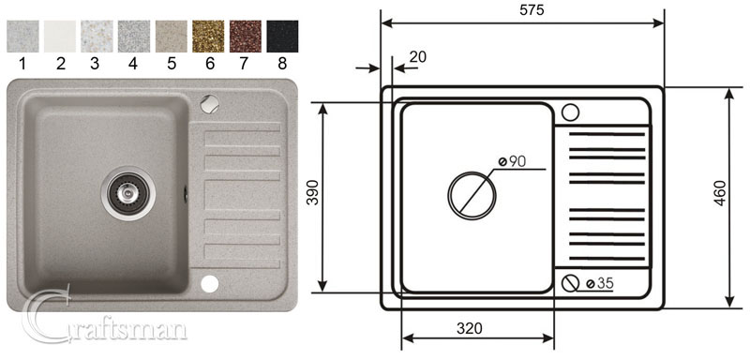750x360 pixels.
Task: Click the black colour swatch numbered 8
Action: pyautogui.click(x=282, y=37)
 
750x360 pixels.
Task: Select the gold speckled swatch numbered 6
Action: pyautogui.click(x=207, y=37)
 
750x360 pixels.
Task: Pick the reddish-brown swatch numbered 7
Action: pyautogui.click(x=245, y=37)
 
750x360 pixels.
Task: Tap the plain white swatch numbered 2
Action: pyautogui.click(x=60, y=37)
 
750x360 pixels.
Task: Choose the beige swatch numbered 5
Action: pyautogui.click(x=171, y=37)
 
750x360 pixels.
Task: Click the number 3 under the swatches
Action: pyautogui.click(x=97, y=66)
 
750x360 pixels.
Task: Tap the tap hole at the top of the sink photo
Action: pyautogui.click(x=209, y=101)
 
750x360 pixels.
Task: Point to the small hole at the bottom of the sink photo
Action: pyautogui.click(x=209, y=282)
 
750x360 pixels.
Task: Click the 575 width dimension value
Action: pyautogui.click(x=522, y=9)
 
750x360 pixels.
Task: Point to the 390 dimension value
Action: pyautogui.click(x=308, y=196)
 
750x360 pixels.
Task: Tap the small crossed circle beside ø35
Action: pyautogui.click(x=570, y=282)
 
